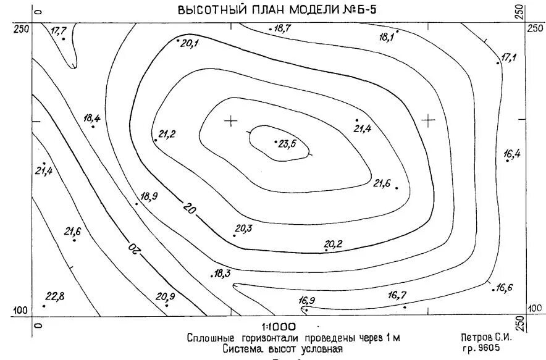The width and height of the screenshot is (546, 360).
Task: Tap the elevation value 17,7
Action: pyautogui.click(x=59, y=31)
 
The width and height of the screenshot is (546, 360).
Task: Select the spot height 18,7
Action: pyautogui.click(x=283, y=28)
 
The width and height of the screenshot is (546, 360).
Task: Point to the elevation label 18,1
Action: pyautogui.click(x=387, y=38)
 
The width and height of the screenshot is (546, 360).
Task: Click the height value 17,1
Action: pyautogui.click(x=508, y=57)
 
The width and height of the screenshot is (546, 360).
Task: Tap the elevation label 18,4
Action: pyautogui.click(x=91, y=119)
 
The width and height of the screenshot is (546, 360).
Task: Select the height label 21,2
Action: pyautogui.click(x=167, y=134)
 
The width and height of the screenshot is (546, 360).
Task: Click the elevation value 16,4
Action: pyautogui.click(x=512, y=154)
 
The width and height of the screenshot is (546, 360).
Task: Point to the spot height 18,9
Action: pyautogui.click(x=149, y=197)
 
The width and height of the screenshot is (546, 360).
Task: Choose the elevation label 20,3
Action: pyautogui.click(x=244, y=228)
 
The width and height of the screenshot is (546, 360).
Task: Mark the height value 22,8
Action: pyautogui.click(x=54, y=297)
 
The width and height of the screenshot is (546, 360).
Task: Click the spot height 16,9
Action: pyautogui.click(x=306, y=301)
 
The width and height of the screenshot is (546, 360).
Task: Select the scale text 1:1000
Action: pyautogui.click(x=279, y=327)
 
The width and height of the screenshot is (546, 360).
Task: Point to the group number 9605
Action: pyautogui.click(x=488, y=348)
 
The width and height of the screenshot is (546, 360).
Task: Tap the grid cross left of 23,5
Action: pyautogui.click(x=231, y=120)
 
